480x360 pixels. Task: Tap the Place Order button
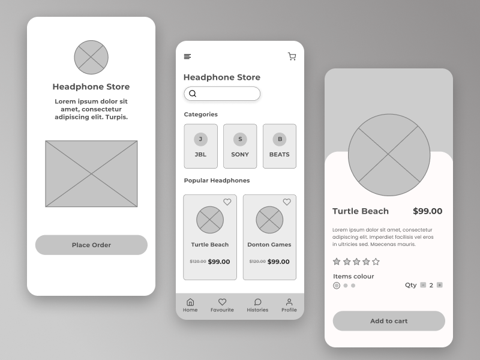tap(91, 245)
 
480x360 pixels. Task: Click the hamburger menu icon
tap(187, 56)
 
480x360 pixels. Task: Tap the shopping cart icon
tap(292, 56)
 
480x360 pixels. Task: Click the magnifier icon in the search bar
tap(193, 94)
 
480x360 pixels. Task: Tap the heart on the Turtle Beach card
tap(227, 202)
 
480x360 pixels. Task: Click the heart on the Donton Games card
tap(287, 202)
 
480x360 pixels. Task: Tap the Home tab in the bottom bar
tap(190, 305)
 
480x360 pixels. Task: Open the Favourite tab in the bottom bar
tap(222, 305)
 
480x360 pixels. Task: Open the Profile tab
tap(289, 305)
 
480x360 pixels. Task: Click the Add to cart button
tap(389, 321)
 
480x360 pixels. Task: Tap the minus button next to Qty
tap(423, 285)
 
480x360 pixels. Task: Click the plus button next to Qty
tap(440, 285)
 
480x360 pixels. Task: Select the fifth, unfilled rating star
tap(376, 262)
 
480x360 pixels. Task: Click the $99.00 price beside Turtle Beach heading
tap(428, 211)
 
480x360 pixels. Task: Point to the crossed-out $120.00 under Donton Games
tap(257, 262)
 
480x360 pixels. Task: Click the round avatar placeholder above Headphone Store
tap(91, 58)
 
